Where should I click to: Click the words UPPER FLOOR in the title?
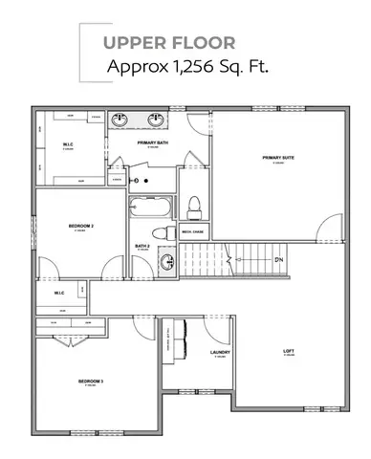coord(153,43)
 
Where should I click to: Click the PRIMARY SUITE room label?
coord(278,158)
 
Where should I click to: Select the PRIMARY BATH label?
coord(153,142)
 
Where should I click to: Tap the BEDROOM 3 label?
coord(91,382)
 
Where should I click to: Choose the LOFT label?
coord(288,351)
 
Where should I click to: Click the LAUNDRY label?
coord(220,352)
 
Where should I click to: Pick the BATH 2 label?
coord(142,247)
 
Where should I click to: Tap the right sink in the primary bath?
coord(155,121)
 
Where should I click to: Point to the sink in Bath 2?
coord(164,257)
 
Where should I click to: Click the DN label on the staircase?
coord(279,259)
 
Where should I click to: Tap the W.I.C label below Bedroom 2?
coord(58,293)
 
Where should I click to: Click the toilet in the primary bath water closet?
coord(194,204)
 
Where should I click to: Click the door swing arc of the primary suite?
coord(327,227)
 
